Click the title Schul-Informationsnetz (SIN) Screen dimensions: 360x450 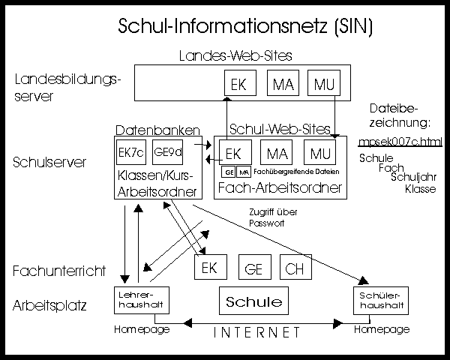point(245,26)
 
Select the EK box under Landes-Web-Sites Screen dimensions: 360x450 point(238,85)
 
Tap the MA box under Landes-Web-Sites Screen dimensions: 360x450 point(283,85)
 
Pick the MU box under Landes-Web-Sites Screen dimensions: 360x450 point(325,85)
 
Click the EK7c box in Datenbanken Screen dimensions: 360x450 point(131,151)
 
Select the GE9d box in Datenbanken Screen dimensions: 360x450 point(166,151)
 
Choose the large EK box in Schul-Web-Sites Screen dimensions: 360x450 point(233,154)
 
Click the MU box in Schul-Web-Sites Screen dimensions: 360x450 point(319,154)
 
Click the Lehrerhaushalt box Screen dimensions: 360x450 point(139,301)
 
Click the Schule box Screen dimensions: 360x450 point(253,301)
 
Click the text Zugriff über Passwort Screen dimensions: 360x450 point(272,217)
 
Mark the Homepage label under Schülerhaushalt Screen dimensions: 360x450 point(382,329)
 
